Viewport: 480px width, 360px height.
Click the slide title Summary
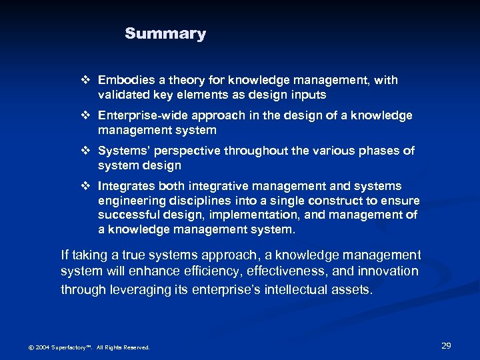[165, 34]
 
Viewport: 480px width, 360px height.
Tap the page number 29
[446, 345]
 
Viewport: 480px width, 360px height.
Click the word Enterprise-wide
[139, 115]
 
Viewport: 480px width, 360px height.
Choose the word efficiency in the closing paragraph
[211, 271]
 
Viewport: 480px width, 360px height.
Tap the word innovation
[387, 271]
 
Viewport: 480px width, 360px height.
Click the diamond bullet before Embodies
[84, 80]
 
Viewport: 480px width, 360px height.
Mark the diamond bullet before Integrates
[84, 186]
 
